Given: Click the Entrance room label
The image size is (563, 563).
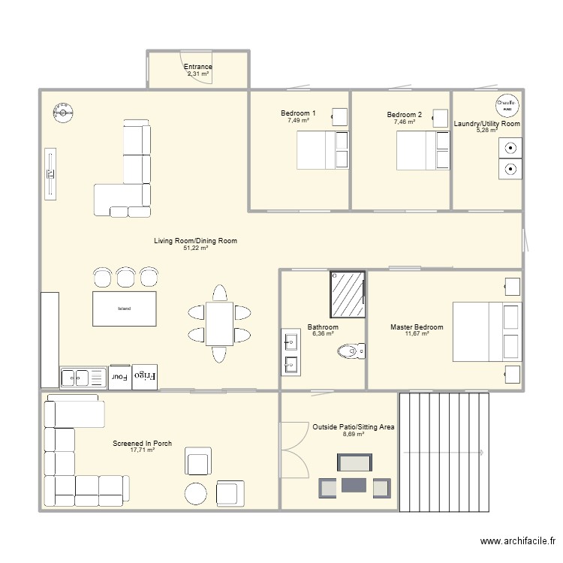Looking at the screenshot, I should (x=198, y=67).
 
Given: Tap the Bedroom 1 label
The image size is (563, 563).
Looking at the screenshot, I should (x=298, y=114).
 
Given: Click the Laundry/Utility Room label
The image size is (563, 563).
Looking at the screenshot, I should (x=486, y=124).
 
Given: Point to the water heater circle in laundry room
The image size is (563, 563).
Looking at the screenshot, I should (x=507, y=106).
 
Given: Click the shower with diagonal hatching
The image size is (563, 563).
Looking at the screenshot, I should (x=347, y=294).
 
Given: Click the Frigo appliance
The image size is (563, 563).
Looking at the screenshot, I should (x=144, y=376).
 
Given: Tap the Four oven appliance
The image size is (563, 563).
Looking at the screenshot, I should (x=119, y=377).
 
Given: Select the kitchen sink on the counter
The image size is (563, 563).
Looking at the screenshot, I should (x=79, y=377).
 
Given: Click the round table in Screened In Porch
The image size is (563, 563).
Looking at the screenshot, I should (x=197, y=493).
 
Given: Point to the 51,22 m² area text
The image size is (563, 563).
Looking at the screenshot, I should (x=195, y=248).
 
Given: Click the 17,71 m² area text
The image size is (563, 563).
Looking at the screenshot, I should (x=142, y=450).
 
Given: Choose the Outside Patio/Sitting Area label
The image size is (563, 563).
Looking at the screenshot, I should (x=354, y=426).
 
